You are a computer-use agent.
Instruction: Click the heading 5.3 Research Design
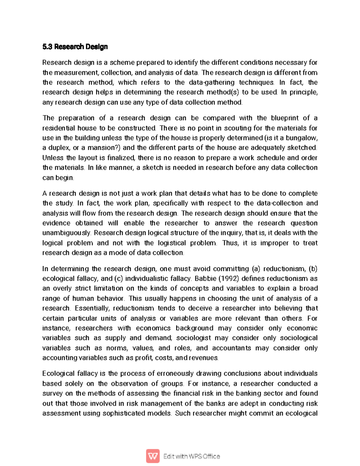coord(75,47)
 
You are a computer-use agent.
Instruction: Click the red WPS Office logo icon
coord(153,456)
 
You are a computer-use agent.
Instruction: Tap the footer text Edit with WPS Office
coord(191,456)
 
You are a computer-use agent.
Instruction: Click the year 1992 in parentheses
coord(229,278)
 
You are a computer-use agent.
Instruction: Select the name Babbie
coord(205,278)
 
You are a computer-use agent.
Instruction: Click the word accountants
coord(231,348)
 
